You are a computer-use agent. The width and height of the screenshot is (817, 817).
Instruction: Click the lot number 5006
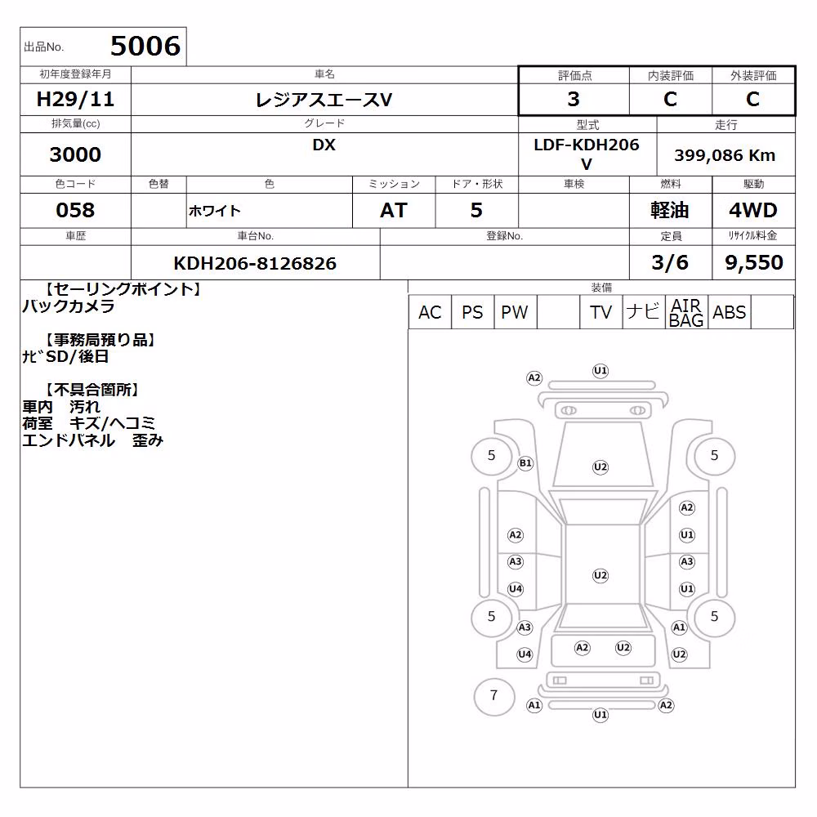145,46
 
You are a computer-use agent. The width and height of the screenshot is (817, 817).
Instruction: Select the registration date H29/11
75,99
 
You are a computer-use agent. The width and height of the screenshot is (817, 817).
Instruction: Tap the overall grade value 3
574,99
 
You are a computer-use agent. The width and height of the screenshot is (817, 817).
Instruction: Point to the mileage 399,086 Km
725,155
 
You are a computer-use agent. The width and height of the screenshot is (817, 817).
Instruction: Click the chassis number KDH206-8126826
255,263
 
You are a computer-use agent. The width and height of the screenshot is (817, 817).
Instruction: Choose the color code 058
75,210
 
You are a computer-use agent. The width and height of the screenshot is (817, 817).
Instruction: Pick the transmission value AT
394,210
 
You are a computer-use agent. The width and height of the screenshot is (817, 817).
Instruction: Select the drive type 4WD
753,210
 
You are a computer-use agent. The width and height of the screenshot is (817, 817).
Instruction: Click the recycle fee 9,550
754,262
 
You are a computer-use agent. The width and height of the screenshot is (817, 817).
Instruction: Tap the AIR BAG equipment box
686,312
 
